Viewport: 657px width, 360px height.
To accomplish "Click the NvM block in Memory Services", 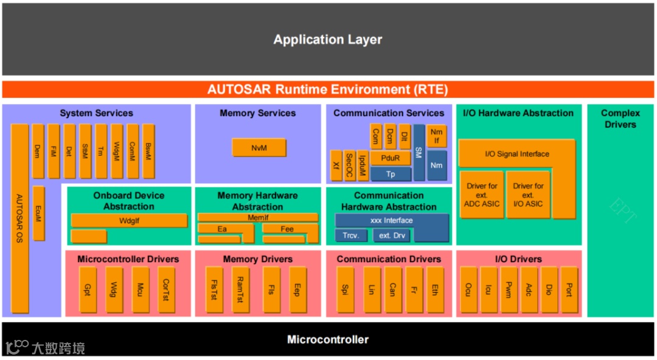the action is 259,148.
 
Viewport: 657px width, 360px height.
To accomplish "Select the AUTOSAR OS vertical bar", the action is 19,218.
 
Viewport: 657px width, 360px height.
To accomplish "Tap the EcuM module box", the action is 38,213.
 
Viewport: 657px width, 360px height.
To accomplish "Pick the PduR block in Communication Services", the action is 390,158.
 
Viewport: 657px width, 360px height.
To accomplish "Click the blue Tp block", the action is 391,174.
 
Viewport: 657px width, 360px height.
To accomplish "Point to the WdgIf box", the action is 129,221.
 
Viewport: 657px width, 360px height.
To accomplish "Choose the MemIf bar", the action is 258,217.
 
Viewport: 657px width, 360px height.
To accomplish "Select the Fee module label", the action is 287,229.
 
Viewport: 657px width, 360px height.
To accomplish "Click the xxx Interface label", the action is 391,220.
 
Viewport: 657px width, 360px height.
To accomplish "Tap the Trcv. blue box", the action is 351,235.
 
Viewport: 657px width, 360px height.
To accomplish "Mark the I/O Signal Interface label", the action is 517,154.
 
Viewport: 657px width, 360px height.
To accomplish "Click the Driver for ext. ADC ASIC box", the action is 482,195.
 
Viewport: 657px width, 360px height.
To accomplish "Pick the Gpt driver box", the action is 88,289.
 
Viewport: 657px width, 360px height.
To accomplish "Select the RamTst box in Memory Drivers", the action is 240,289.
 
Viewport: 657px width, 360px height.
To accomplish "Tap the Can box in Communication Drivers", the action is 392,289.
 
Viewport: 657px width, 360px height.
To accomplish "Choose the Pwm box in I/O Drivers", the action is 509,289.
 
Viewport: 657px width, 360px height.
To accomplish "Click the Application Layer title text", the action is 328,40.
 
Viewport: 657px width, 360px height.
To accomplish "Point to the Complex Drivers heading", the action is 620,119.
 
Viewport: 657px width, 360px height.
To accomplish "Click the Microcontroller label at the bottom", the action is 328,339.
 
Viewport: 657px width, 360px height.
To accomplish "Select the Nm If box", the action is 436,136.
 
